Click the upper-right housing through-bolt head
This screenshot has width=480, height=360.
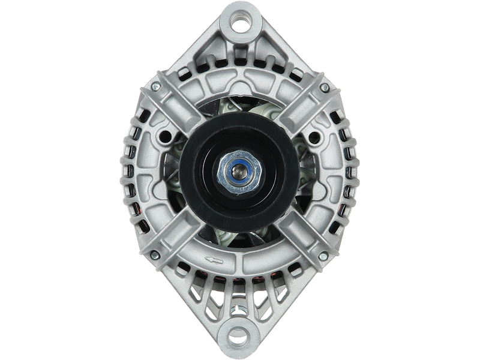coord(324,88)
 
